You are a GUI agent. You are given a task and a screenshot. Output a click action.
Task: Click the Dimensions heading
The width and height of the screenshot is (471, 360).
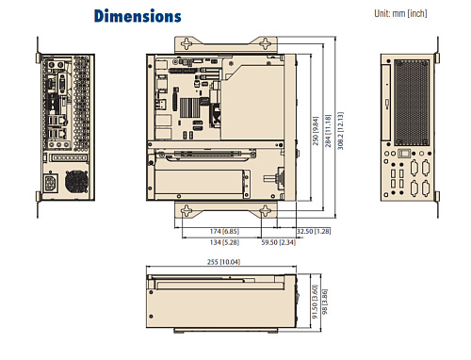[x=138, y=16]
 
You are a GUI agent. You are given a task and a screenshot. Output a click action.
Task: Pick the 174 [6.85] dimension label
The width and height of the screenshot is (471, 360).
[x=223, y=231]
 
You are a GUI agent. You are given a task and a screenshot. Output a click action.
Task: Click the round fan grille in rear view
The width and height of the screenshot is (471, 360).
[x=75, y=181]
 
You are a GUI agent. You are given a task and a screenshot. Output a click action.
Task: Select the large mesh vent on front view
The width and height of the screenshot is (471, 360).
[x=415, y=100]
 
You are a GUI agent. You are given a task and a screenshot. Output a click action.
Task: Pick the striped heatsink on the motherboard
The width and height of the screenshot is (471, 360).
[x=193, y=106]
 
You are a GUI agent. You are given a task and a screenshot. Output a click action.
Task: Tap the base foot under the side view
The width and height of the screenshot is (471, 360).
[x=219, y=333]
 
